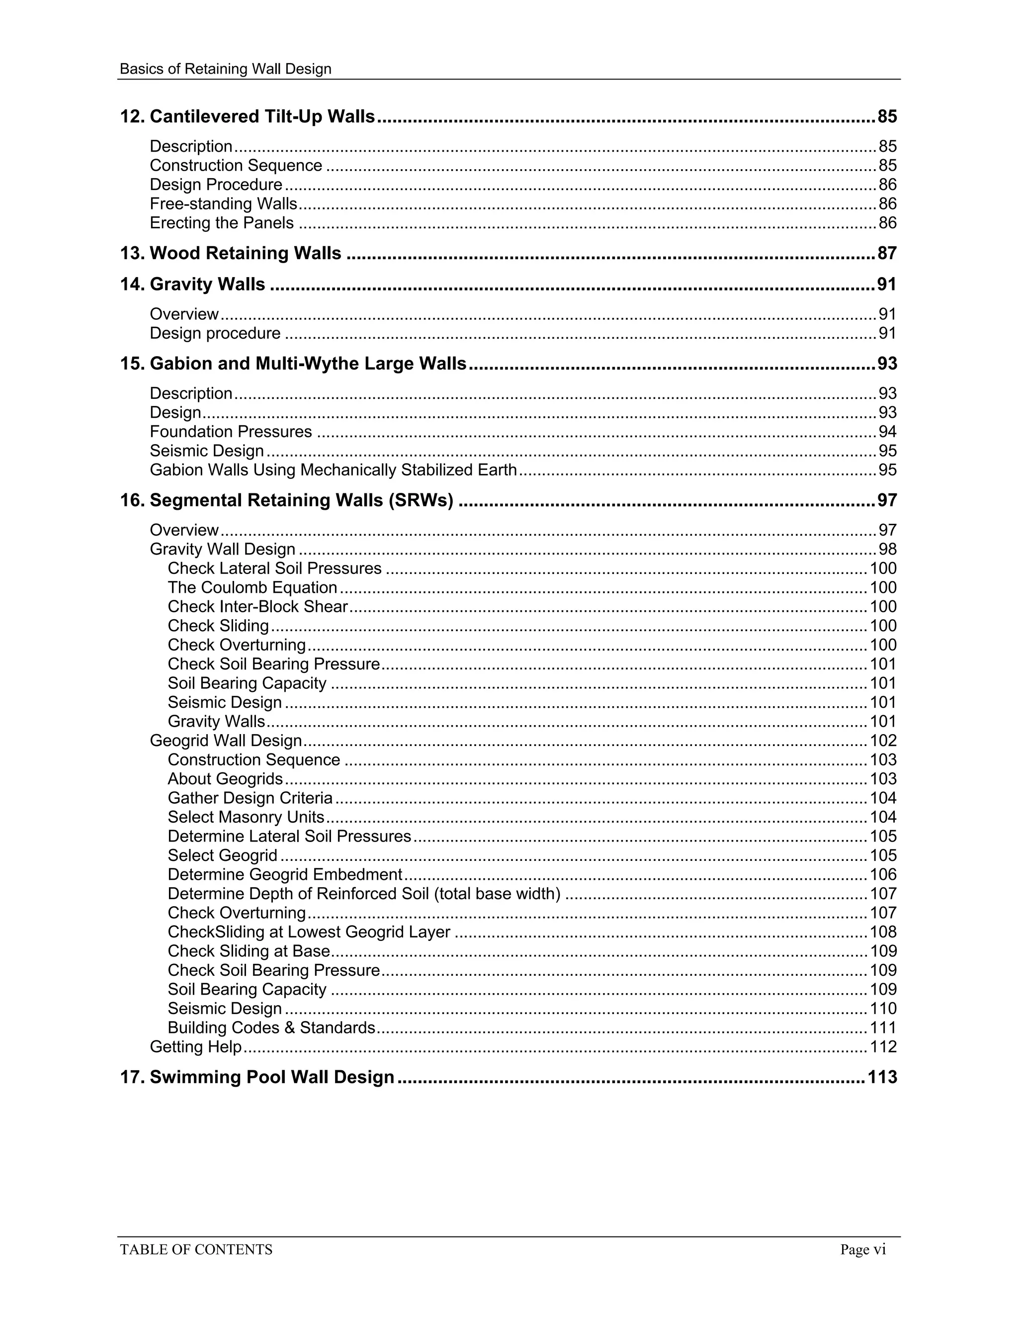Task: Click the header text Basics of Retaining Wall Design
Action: point(226,69)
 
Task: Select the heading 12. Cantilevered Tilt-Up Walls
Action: point(247,116)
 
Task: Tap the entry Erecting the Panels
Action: point(221,223)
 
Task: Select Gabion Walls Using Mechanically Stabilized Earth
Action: point(333,470)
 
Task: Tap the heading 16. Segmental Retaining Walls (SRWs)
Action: point(286,500)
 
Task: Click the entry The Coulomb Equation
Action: point(252,587)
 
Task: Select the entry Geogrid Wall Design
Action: point(226,741)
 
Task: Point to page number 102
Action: point(883,741)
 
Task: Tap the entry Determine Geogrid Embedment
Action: point(285,874)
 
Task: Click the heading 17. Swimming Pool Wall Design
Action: point(257,1077)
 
